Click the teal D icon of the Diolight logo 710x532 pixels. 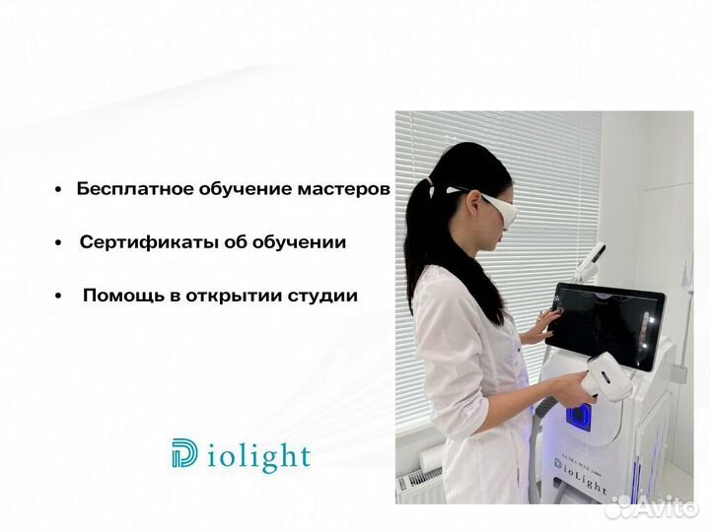coord(184,454)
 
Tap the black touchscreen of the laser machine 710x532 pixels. coord(606,326)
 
